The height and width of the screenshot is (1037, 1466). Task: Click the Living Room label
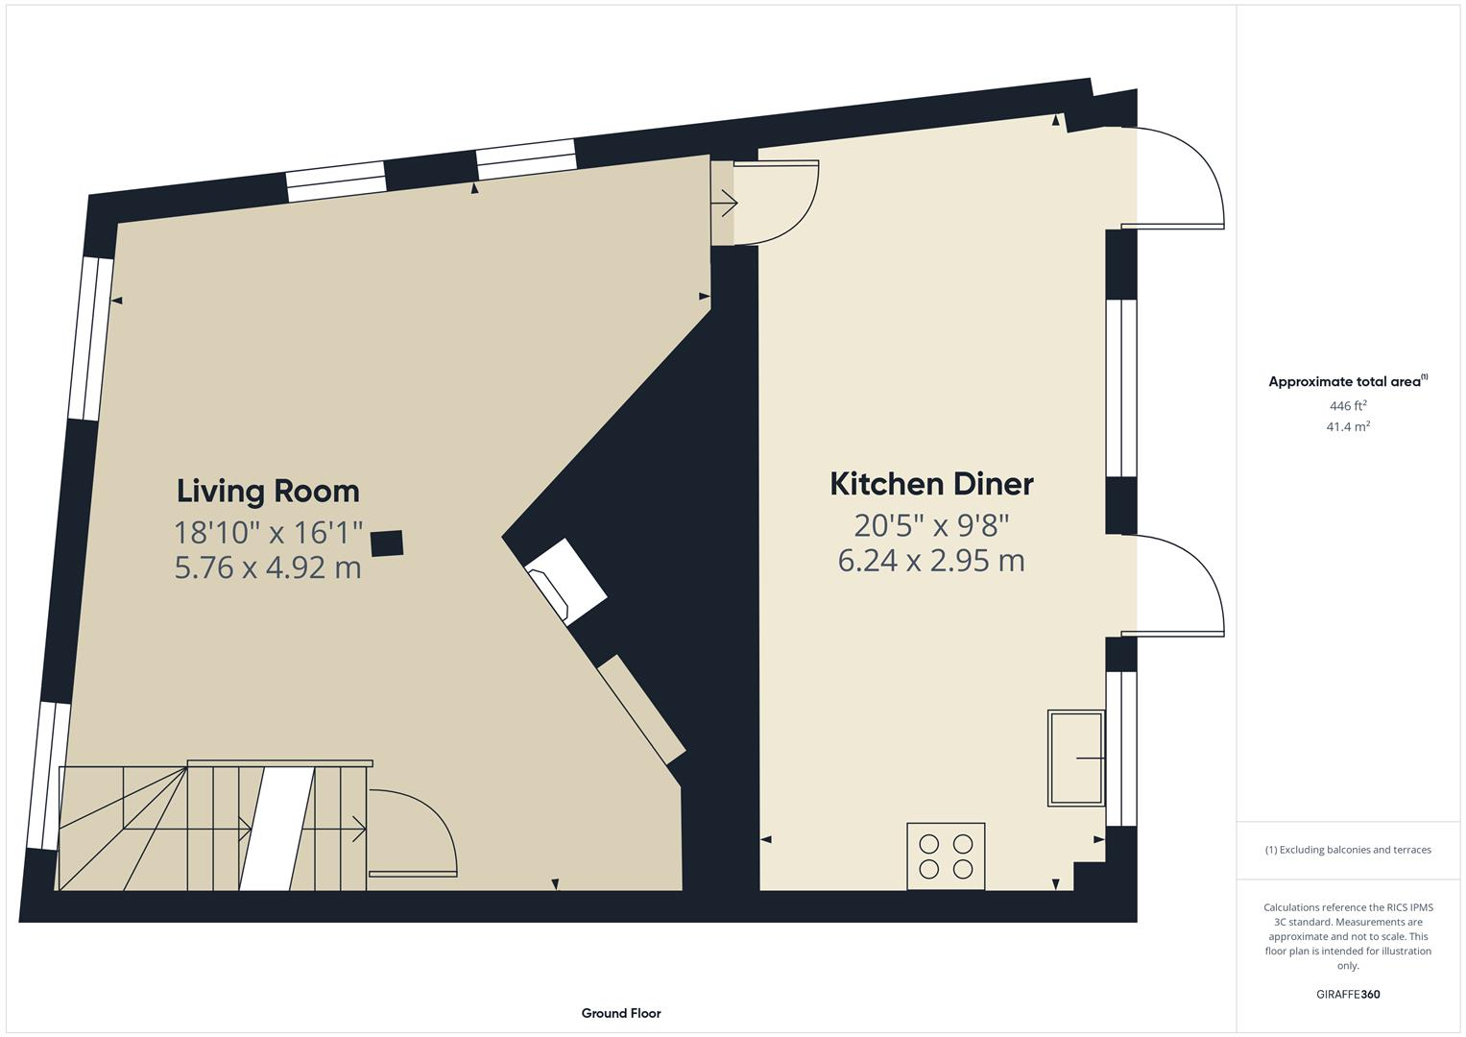click(x=268, y=491)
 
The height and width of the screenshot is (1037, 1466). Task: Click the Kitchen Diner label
click(x=931, y=484)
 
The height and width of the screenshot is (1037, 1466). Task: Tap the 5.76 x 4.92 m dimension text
click(x=268, y=567)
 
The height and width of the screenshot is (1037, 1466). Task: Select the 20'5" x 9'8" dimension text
click(x=931, y=525)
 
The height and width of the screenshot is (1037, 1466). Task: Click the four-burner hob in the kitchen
click(x=946, y=856)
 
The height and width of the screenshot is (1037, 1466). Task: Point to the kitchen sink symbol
click(x=1075, y=758)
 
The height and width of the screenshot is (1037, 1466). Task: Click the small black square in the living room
click(x=387, y=543)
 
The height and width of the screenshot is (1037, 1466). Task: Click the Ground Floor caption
click(x=621, y=1013)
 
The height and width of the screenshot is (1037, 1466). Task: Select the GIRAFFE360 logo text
click(x=1348, y=994)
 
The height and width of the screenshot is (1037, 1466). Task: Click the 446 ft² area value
click(x=1348, y=406)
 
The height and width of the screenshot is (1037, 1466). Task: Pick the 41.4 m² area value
click(x=1348, y=426)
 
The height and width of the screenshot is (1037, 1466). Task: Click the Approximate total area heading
click(x=1347, y=381)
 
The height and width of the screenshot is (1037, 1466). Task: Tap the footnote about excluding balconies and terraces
click(x=1348, y=850)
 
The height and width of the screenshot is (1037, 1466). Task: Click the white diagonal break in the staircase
click(x=277, y=829)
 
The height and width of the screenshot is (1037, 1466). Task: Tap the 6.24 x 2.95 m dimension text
click(x=931, y=561)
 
